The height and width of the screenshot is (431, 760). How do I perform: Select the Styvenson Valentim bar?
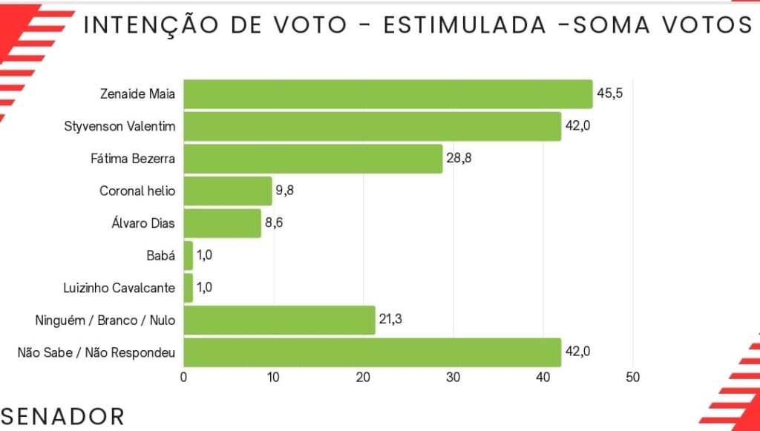372,126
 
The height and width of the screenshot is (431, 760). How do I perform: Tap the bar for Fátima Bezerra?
312,159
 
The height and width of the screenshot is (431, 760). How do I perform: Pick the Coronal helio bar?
227,191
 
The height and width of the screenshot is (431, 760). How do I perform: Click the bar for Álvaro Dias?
222,223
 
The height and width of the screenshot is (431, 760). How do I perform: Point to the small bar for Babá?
188,256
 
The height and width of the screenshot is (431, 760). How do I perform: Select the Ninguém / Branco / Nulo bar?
279,320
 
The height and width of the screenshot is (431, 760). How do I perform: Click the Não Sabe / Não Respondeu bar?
372,352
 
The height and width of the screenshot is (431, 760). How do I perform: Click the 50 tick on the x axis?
632,377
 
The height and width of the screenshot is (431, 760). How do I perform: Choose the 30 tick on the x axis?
453,377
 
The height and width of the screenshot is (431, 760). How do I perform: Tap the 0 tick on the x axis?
183,377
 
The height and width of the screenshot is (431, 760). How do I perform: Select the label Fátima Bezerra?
137,159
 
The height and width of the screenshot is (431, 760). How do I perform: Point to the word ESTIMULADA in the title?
462,24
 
